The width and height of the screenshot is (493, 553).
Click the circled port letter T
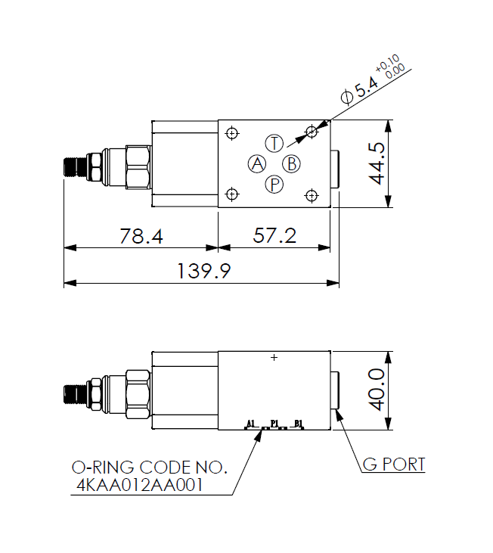[274, 144]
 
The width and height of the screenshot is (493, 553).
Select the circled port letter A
[257, 163]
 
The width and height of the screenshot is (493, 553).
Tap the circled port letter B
[291, 163]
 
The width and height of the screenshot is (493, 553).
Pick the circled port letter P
[274, 184]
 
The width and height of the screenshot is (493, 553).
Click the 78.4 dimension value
[141, 236]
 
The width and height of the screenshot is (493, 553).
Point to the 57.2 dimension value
[274, 235]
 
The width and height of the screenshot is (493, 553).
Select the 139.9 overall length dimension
[203, 271]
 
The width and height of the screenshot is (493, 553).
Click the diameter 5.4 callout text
[360, 90]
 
